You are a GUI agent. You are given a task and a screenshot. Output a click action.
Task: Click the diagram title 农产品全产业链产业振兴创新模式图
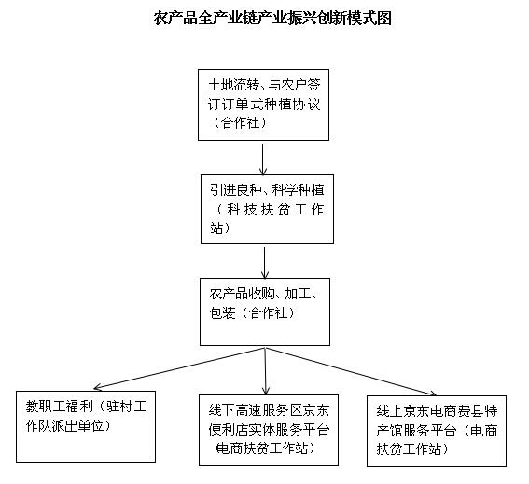[x=271, y=18]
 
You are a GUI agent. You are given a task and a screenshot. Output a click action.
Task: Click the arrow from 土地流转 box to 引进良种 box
[x=263, y=159]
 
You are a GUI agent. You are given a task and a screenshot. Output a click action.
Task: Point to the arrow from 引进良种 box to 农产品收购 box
[x=265, y=263]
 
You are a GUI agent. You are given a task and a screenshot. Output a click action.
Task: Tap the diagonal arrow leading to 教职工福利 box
[x=179, y=368]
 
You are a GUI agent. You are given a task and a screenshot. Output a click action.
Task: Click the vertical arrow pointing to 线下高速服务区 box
[x=266, y=371]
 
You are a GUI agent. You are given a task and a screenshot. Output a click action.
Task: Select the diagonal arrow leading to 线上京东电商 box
[x=351, y=371]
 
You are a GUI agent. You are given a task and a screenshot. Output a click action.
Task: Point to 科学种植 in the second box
[x=299, y=190]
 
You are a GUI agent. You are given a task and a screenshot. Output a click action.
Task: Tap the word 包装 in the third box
[x=222, y=313]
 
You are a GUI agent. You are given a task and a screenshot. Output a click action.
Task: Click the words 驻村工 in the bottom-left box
[x=127, y=407]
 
